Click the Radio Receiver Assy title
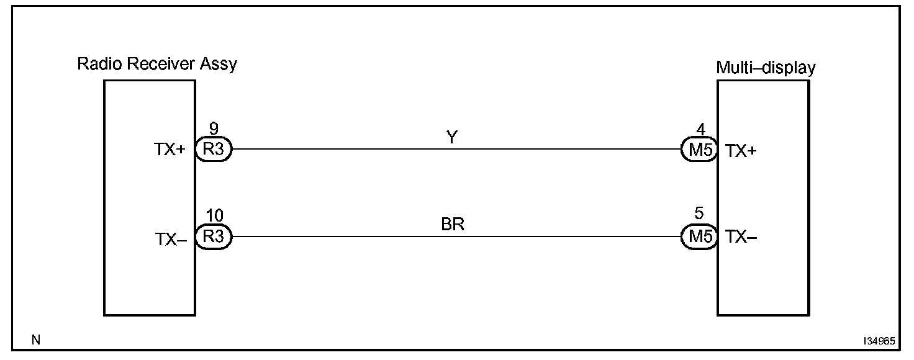[156, 64]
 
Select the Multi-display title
[765, 68]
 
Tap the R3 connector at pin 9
[213, 150]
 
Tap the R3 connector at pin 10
[213, 236]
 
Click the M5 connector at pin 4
[699, 150]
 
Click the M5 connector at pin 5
[699, 236]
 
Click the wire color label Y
[452, 138]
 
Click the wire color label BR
[453, 224]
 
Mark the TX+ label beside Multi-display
[741, 151]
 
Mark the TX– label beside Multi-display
[741, 238]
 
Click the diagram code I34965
[878, 341]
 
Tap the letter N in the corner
[35, 340]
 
